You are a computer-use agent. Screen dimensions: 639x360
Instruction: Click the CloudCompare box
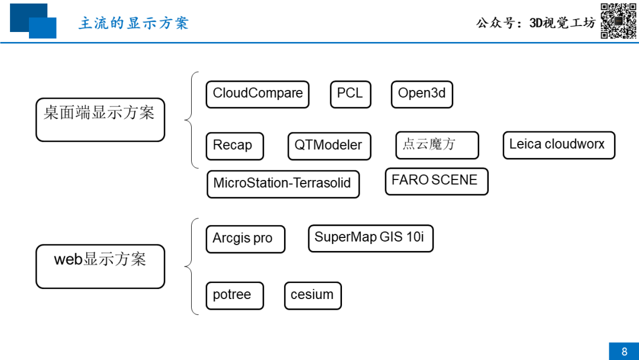coord(257,95)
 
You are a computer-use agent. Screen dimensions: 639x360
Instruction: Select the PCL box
coord(350,95)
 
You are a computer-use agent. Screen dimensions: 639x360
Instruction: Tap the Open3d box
coord(422,95)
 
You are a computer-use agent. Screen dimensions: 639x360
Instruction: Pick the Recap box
coord(235,146)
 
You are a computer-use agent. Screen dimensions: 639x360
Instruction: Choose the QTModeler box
coord(330,146)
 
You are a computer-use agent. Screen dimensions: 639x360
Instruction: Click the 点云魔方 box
coord(437,145)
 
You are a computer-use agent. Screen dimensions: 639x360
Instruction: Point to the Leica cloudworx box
coord(559,145)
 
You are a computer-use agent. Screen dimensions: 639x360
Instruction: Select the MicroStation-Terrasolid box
coord(283,184)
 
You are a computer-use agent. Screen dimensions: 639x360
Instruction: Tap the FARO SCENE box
coord(437,181)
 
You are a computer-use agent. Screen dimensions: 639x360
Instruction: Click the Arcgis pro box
coord(246,239)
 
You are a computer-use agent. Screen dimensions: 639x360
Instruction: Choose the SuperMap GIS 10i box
coord(371,238)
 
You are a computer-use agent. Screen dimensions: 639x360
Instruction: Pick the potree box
coord(235,295)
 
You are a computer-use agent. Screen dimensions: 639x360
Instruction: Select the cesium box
coord(313,295)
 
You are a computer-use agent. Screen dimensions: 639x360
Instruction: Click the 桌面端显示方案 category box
coord(100,120)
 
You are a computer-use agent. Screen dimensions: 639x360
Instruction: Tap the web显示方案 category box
coord(100,266)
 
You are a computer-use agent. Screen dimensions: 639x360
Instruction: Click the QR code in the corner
coord(618,21)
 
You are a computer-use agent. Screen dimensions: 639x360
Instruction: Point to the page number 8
coord(624,352)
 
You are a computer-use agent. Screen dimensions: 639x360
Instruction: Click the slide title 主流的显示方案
coord(134,23)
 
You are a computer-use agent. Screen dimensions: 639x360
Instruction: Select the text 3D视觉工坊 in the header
coord(563,23)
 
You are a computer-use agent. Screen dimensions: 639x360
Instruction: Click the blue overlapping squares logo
coord(33,21)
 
